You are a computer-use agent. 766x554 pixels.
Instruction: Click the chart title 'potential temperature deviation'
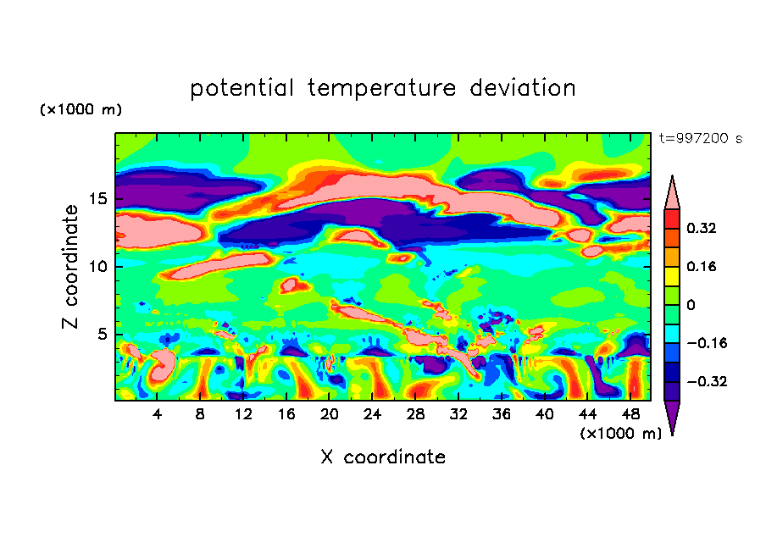(x=382, y=88)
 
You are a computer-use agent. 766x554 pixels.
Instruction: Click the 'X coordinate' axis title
(x=383, y=457)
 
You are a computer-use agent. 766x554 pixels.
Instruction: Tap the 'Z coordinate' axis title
(x=71, y=266)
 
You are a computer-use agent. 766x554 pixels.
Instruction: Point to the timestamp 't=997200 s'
(x=701, y=139)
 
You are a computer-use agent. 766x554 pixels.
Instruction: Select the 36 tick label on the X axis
(x=501, y=415)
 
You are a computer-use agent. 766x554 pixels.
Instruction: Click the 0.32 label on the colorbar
(x=702, y=228)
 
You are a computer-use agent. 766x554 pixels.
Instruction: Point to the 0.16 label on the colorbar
(x=702, y=266)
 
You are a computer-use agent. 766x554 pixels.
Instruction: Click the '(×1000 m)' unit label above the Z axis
(x=80, y=110)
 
